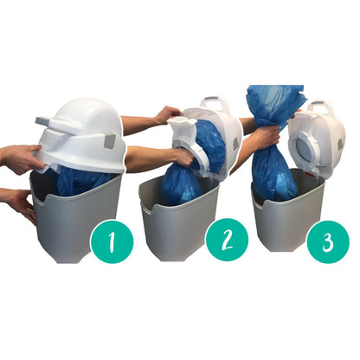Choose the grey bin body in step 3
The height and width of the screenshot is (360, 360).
(281, 225)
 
